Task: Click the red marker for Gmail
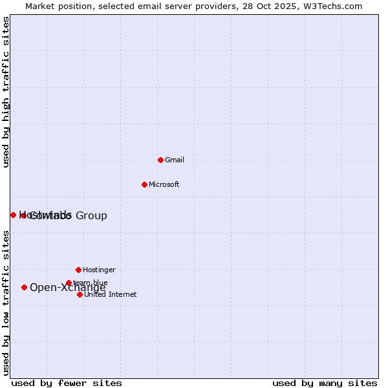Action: (160, 160)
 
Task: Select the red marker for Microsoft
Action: (144, 184)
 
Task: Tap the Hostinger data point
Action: (78, 270)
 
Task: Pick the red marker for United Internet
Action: (80, 294)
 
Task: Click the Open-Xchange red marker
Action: (24, 287)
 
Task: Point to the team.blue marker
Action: (69, 283)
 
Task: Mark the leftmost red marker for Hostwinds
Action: (13, 215)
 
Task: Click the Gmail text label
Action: (175, 160)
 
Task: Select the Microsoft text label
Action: (164, 184)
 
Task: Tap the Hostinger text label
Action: (99, 270)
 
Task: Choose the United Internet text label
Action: (110, 294)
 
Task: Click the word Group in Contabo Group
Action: (91, 215)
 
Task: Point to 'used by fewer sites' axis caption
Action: (67, 383)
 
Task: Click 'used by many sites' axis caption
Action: (325, 383)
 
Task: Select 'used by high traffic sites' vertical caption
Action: (6, 92)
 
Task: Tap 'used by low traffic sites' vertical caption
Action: (6, 302)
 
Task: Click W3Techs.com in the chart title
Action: (330, 6)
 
